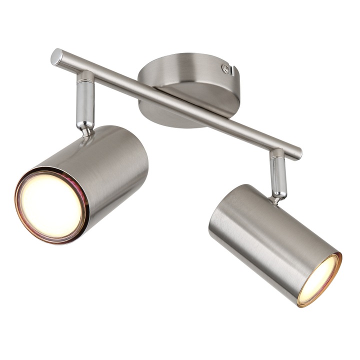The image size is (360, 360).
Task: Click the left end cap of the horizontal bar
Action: point(55,57)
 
